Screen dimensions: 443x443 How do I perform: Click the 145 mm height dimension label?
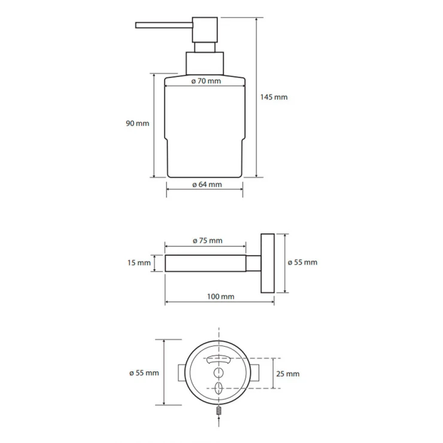point(274,97)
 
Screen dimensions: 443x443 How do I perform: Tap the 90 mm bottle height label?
point(137,123)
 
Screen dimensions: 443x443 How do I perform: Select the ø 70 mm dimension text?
point(206,81)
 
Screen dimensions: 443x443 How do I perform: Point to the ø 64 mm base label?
point(207,184)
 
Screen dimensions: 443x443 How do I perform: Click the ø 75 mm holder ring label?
point(207,241)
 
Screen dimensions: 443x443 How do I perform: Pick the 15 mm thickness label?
point(139,263)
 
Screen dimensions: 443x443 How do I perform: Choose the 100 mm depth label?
point(220,297)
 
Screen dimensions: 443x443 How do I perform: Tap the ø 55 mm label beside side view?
point(302,262)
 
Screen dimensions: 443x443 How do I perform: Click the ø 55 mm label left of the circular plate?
point(144,373)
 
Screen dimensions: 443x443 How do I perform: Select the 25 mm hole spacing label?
point(287,374)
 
